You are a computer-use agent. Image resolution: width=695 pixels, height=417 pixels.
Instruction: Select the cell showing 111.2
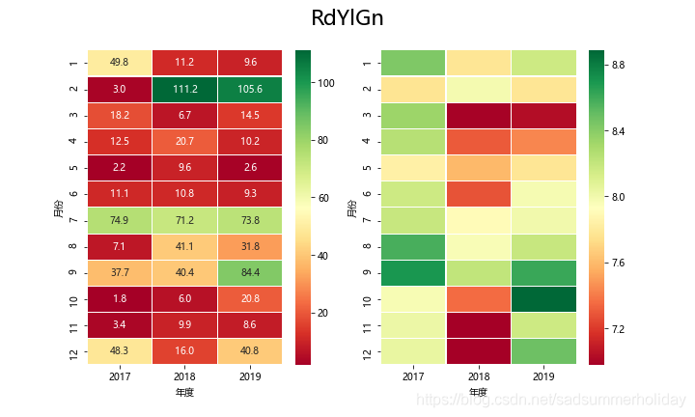point(184,90)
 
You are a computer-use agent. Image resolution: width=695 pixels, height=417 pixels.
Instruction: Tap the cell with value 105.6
point(249,90)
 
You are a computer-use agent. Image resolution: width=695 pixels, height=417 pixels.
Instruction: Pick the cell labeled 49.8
point(120,63)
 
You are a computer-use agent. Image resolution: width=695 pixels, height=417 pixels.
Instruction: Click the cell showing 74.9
point(120,220)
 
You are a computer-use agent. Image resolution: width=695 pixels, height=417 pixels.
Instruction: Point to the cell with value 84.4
point(249,272)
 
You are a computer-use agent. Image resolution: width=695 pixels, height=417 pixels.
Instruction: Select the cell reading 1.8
point(120,298)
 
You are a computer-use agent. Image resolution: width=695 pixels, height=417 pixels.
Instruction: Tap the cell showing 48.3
point(120,351)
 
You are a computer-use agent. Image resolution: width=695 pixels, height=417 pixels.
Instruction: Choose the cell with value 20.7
point(184,142)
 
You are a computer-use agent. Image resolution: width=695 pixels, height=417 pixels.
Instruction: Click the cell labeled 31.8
point(249,246)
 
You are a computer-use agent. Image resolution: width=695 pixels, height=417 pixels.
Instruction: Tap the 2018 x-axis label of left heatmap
point(184,375)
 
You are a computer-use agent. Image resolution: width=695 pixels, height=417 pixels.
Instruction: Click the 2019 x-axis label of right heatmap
point(543,375)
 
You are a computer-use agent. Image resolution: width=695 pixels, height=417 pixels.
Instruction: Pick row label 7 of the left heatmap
point(74,220)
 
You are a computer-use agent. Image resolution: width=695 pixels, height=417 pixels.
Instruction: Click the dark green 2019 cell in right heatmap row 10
point(543,298)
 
